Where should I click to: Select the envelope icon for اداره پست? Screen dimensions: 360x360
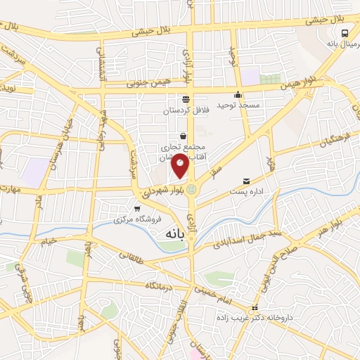click(x=245, y=181)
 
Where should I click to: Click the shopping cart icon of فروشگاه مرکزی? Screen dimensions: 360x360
click(x=137, y=209)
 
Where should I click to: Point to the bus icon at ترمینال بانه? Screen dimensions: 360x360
click(x=345, y=32)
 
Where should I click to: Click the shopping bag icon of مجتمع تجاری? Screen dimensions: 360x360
click(x=183, y=136)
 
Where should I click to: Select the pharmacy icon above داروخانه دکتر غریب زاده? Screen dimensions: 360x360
click(x=255, y=309)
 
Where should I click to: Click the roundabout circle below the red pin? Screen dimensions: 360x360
click(x=192, y=188)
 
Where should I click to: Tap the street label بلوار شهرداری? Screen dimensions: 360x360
click(x=162, y=188)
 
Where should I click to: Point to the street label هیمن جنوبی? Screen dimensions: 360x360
click(x=148, y=83)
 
